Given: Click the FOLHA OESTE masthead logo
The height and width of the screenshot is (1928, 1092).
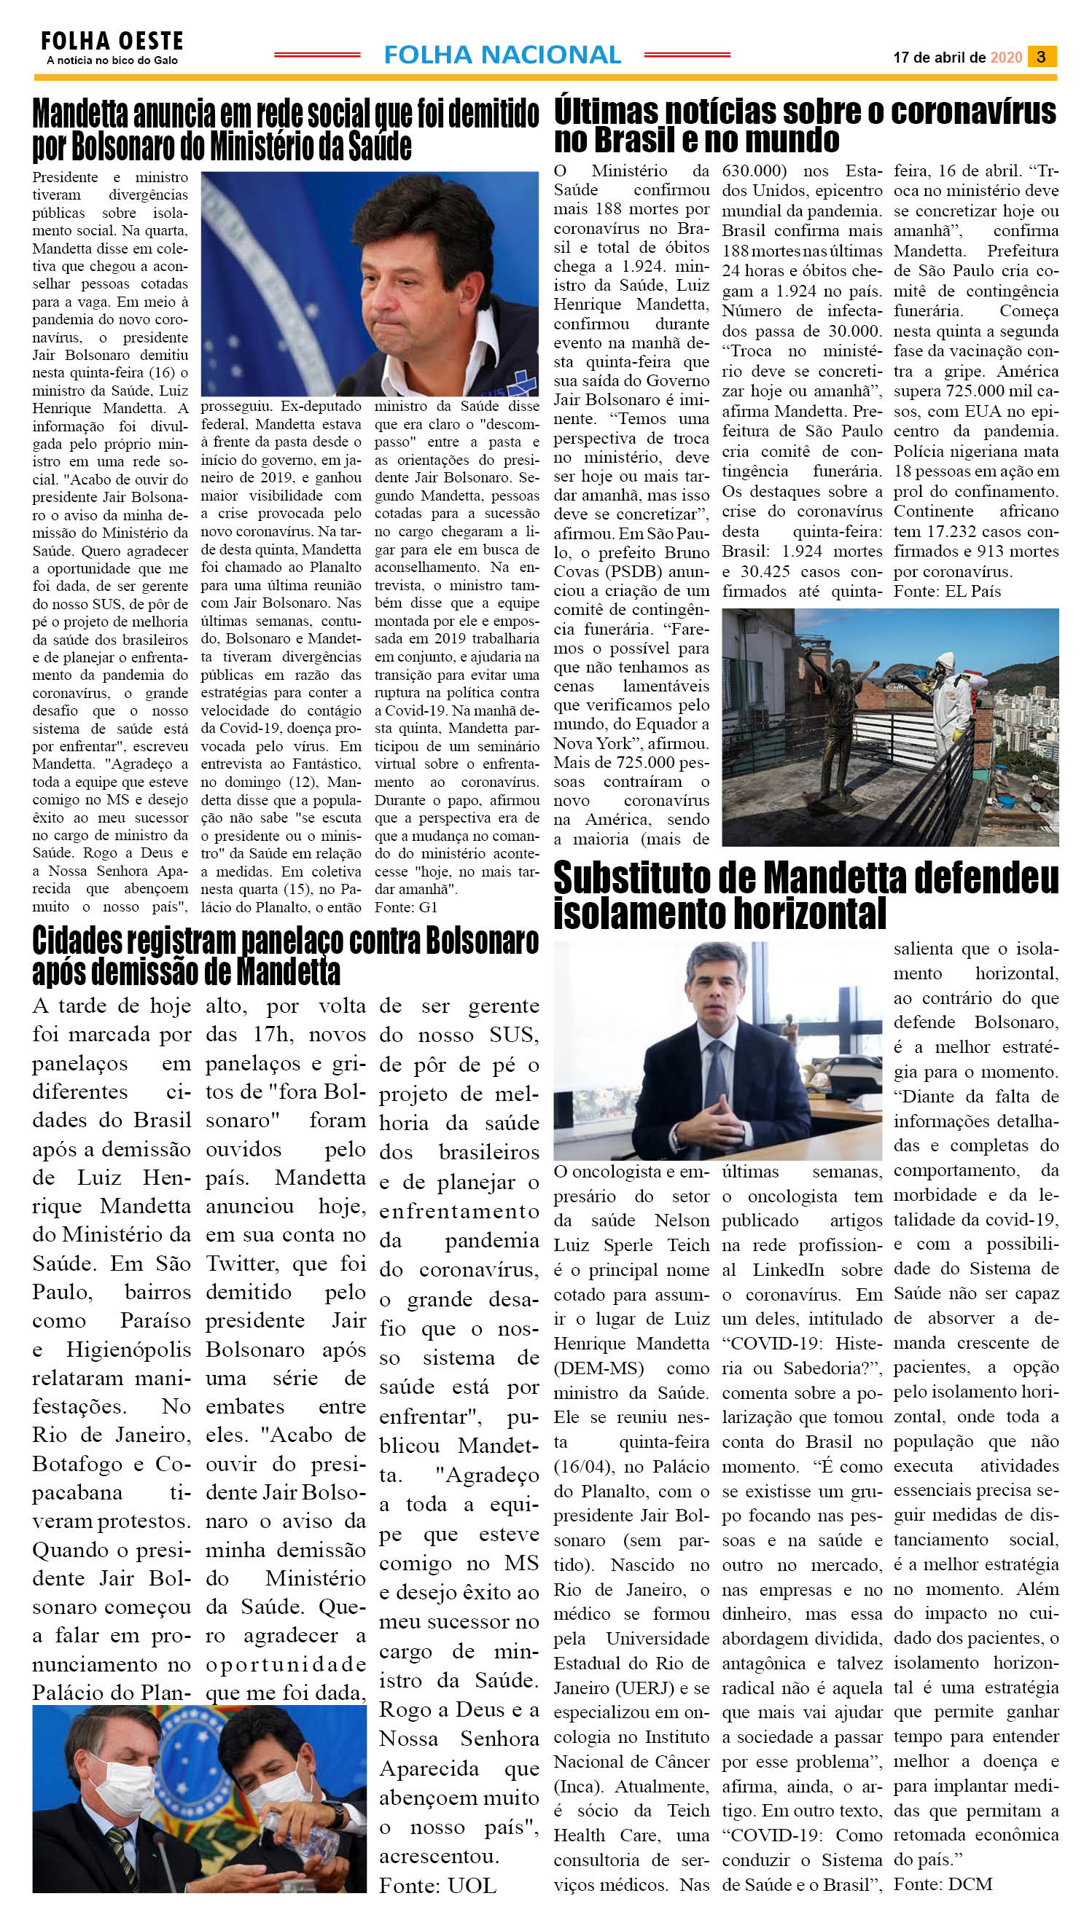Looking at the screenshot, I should (x=112, y=42).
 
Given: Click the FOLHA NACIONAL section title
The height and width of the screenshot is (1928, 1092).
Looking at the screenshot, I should (x=502, y=55).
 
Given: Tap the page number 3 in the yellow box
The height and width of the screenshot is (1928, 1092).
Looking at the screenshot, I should (x=1041, y=56).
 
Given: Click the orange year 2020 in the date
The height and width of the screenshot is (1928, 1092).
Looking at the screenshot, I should (x=1006, y=58).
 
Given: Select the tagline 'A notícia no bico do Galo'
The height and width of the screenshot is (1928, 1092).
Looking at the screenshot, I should (x=112, y=60).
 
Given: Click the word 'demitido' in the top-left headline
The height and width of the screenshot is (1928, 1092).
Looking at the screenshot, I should (x=492, y=114).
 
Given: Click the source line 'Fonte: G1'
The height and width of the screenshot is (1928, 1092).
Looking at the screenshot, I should (x=406, y=907).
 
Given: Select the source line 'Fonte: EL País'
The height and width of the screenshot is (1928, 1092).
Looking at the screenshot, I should (x=946, y=591).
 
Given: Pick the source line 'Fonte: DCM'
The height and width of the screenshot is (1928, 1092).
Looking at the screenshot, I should (x=943, y=1884).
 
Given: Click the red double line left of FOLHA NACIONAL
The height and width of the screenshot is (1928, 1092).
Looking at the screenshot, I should (x=317, y=55).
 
